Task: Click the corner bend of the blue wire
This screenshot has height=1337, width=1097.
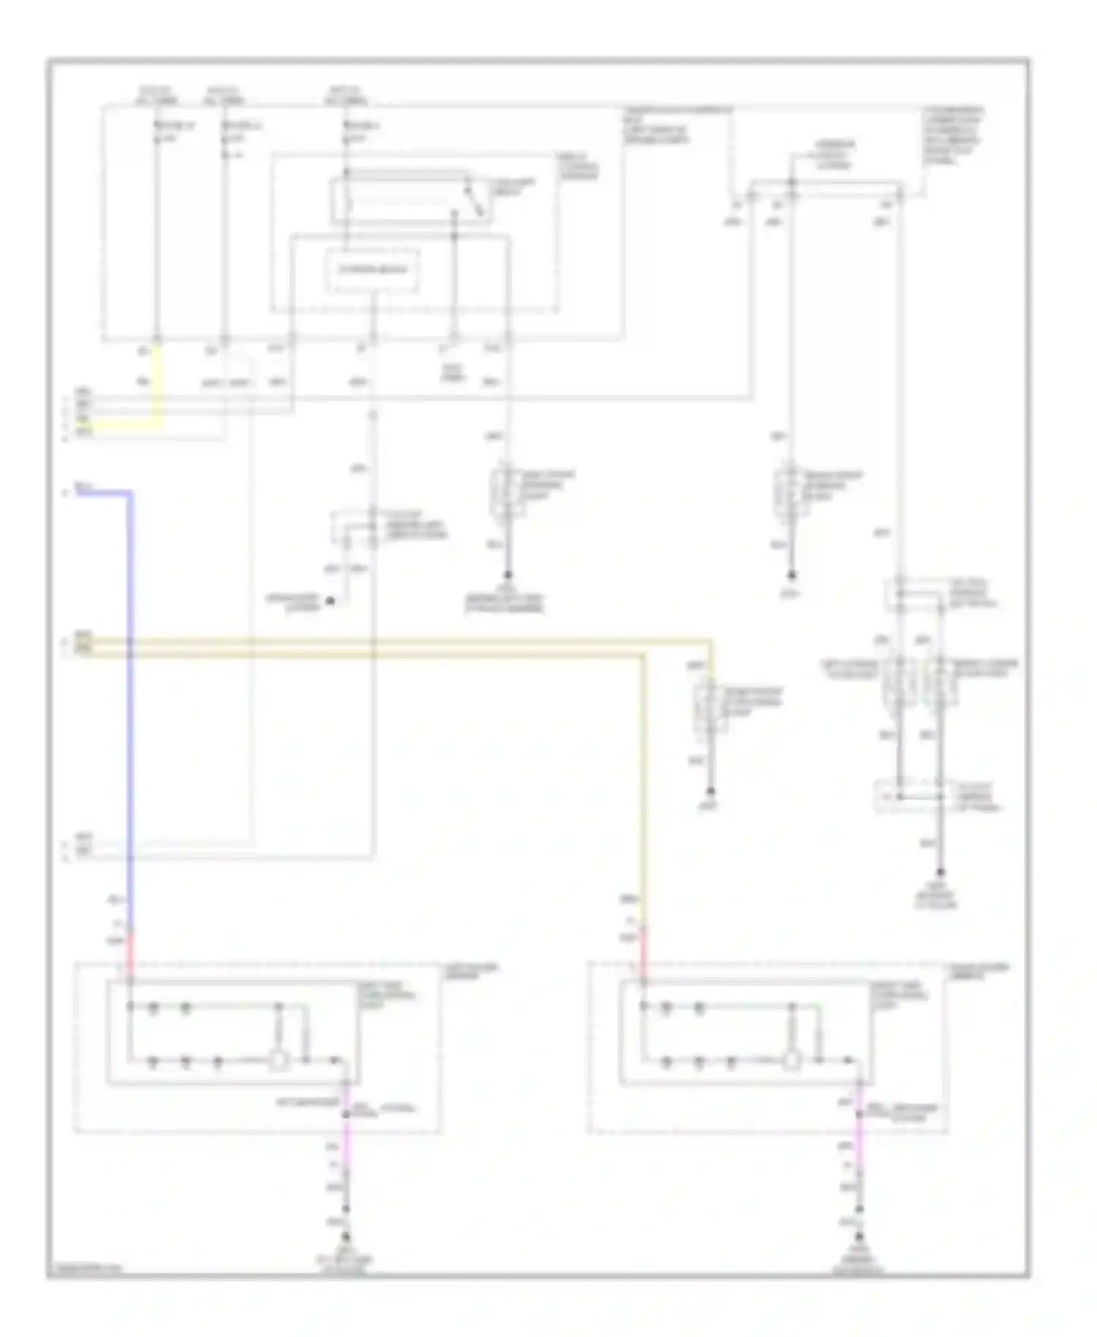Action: click(x=132, y=494)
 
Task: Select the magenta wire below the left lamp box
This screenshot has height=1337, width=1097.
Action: click(x=347, y=1130)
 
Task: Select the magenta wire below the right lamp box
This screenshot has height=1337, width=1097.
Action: click(x=859, y=1130)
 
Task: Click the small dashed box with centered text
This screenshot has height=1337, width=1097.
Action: click(x=372, y=270)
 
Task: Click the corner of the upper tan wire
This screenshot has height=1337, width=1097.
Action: click(x=709, y=642)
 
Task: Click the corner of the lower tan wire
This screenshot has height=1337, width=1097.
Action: click(x=644, y=655)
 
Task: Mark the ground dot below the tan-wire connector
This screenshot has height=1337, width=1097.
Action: click(x=709, y=791)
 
